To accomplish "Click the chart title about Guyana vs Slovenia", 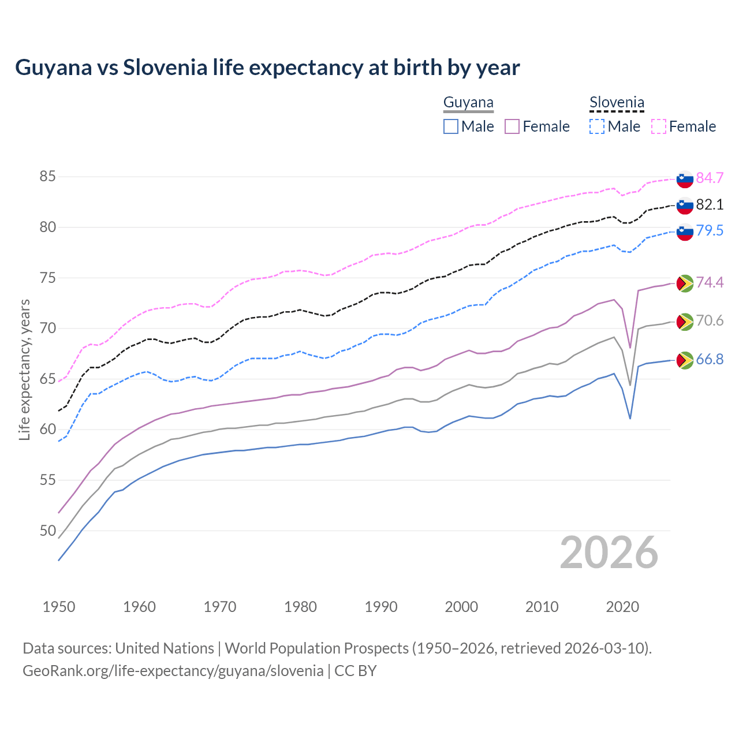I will click(x=267, y=68).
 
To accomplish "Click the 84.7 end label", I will click(x=710, y=178).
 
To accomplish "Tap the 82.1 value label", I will click(x=710, y=204).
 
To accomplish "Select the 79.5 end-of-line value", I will click(x=710, y=230).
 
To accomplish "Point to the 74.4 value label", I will click(x=710, y=282).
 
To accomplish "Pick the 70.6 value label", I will click(x=710, y=320).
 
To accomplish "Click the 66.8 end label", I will click(x=710, y=359).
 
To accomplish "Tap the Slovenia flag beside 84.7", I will click(x=685, y=179).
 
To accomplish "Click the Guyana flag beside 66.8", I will click(x=685, y=360).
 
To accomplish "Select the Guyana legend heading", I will click(x=468, y=103).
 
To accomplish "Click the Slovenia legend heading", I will click(x=617, y=103).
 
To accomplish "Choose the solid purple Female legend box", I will click(x=512, y=126).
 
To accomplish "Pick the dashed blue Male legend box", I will click(x=597, y=126).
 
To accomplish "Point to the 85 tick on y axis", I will click(x=47, y=176).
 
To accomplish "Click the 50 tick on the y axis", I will click(x=47, y=530).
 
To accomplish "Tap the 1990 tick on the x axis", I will click(x=381, y=607).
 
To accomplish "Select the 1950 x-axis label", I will click(x=59, y=607).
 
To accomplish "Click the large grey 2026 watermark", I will click(x=609, y=553).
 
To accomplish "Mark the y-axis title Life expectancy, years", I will click(x=25, y=369).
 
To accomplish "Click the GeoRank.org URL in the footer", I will click(x=173, y=671).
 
